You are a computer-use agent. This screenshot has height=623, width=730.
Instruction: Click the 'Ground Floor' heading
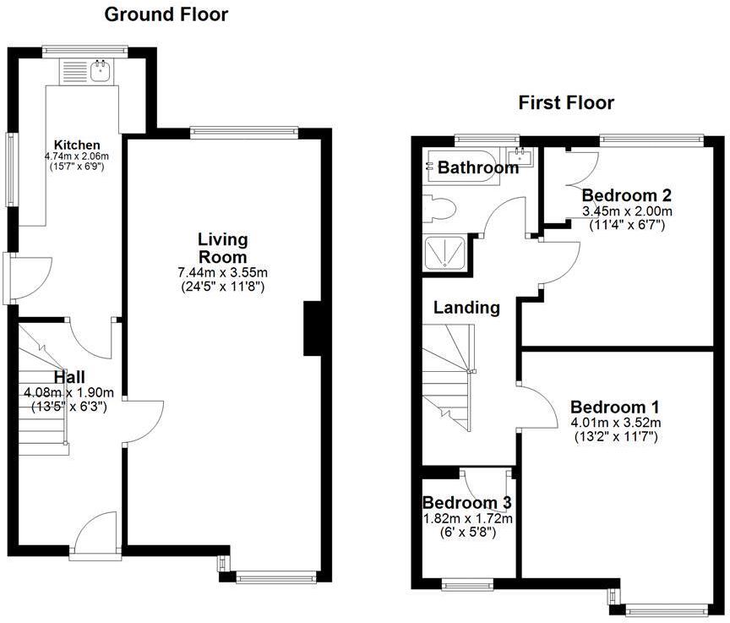tap(166, 14)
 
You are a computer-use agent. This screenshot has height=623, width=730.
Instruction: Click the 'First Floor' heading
tap(566, 103)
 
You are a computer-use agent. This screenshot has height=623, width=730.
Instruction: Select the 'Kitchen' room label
tap(77, 145)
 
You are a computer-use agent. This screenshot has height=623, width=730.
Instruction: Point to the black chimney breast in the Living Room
tap(311, 327)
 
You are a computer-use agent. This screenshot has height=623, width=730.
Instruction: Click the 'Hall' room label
tap(69, 377)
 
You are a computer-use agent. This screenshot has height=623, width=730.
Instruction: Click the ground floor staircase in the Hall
tap(42, 397)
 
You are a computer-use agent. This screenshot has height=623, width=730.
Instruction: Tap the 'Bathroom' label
tap(477, 168)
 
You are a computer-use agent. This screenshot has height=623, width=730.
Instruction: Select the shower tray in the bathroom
tap(444, 253)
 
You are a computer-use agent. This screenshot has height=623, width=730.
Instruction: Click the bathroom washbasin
tap(519, 156)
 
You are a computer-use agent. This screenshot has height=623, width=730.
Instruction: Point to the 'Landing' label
tap(466, 308)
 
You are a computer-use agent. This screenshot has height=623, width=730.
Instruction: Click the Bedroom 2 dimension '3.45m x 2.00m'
tap(627, 210)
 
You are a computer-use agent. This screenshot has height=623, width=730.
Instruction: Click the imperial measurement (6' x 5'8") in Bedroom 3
tap(466, 533)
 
